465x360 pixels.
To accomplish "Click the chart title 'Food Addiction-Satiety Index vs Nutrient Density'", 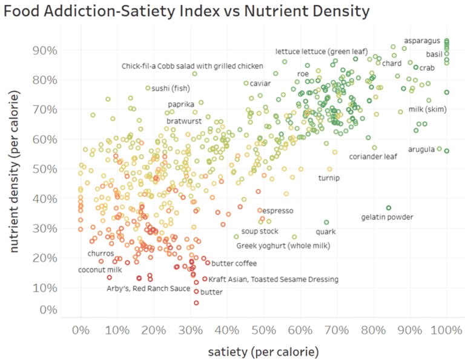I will [x=186, y=11].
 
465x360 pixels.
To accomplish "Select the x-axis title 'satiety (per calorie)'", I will [x=263, y=351].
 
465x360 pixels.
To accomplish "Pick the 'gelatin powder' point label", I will [x=387, y=217].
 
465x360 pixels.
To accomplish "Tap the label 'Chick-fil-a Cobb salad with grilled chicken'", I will [x=193, y=65].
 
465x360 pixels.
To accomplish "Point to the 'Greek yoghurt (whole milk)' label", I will [x=283, y=245].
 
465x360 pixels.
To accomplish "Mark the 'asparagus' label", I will [x=422, y=41].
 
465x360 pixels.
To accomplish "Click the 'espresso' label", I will [x=278, y=210].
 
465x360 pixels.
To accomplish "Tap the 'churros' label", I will [x=101, y=253].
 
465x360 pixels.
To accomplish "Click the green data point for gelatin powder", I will [x=389, y=208].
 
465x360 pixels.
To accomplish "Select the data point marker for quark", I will [x=326, y=222].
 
